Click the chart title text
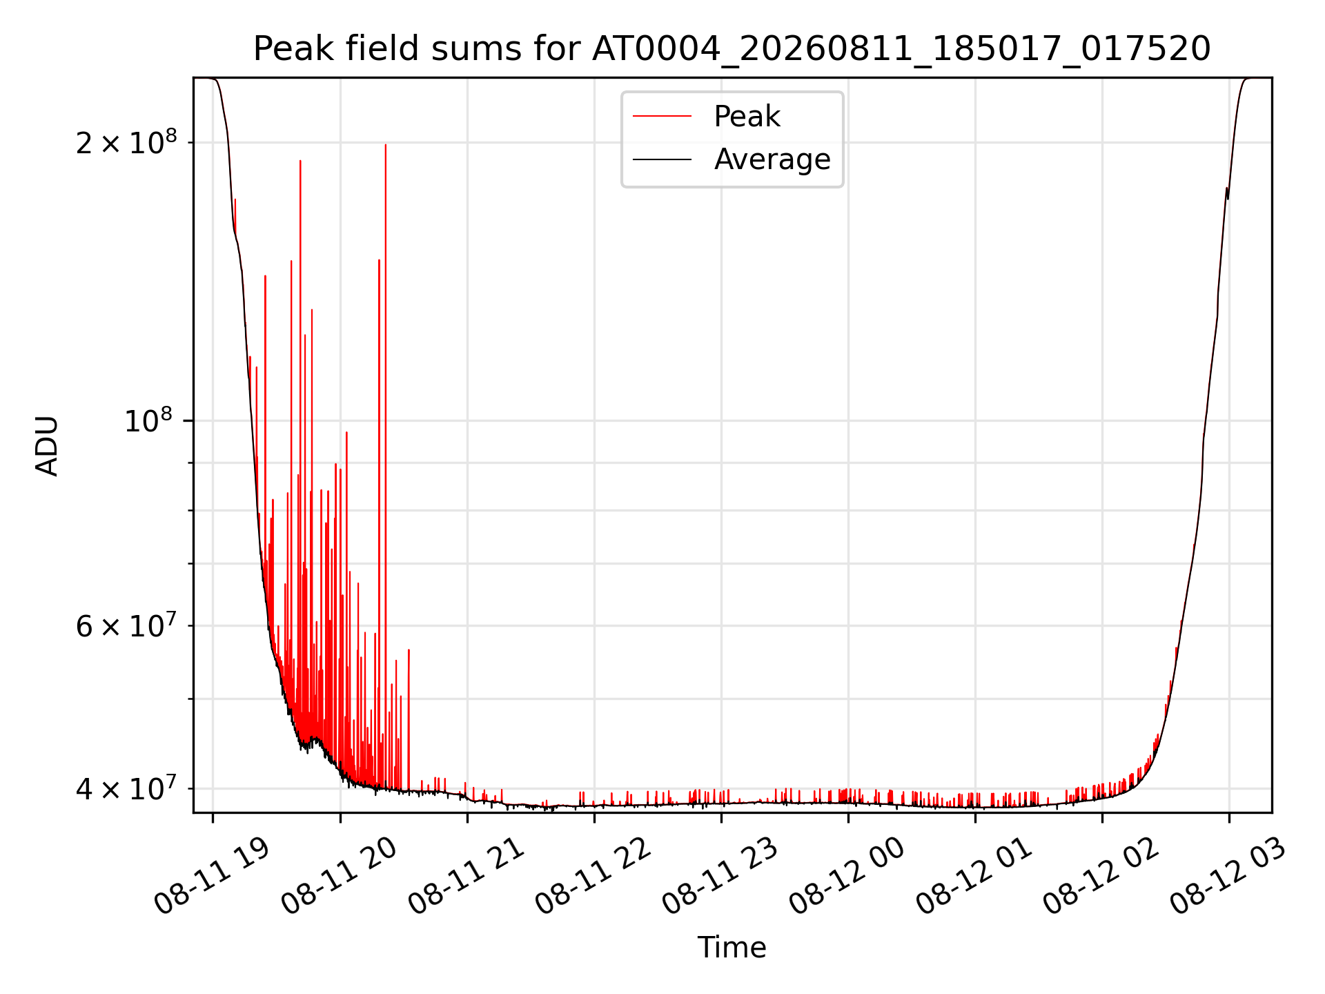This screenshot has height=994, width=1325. click(x=732, y=49)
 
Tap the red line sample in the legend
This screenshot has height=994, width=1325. click(x=662, y=117)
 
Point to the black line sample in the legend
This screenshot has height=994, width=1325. click(x=662, y=159)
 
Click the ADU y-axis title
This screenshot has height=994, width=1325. click(x=47, y=445)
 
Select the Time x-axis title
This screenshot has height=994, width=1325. click(x=732, y=948)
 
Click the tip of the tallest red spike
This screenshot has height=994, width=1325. click(x=386, y=144)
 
